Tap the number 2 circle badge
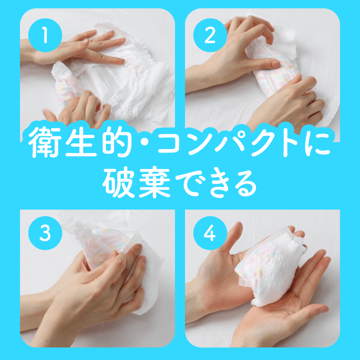coord(210,36)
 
